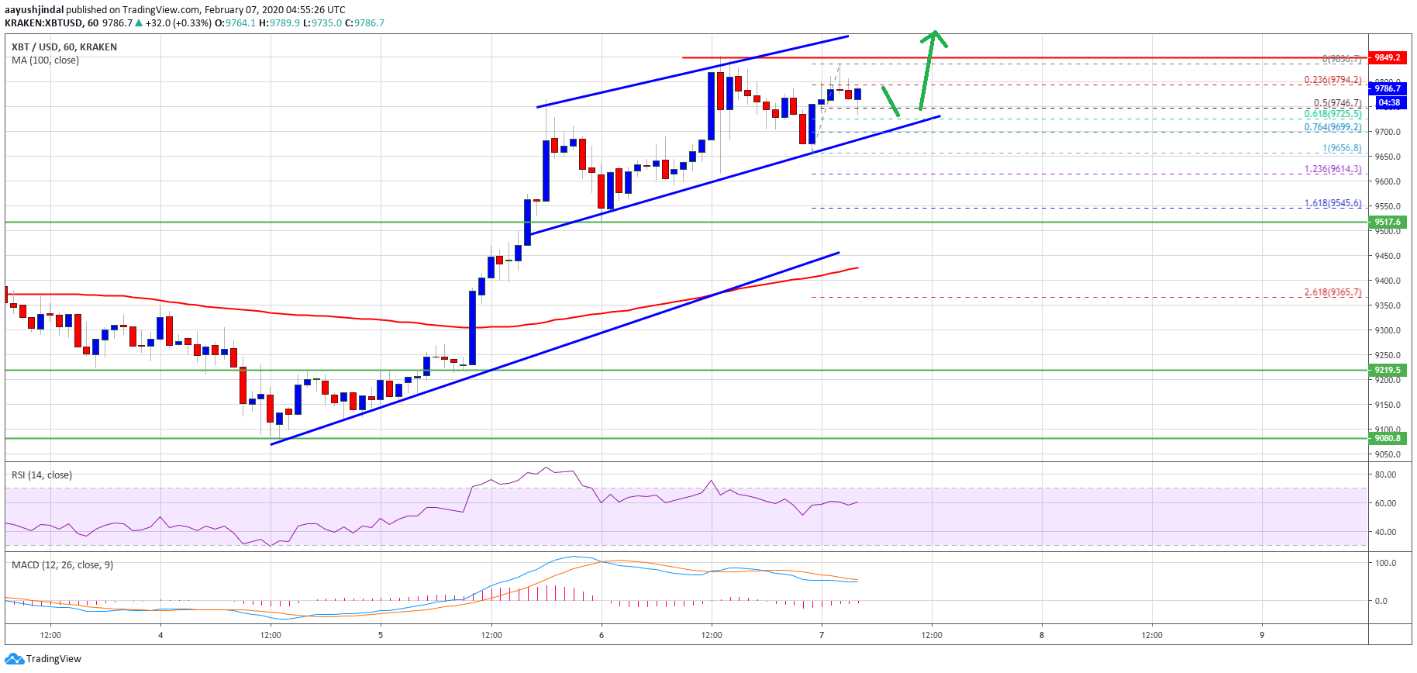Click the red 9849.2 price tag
point(1388,57)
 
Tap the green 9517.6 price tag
point(1388,222)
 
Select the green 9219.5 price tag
point(1388,370)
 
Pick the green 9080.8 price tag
point(1388,438)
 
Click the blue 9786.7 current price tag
point(1388,88)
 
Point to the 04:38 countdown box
point(1389,102)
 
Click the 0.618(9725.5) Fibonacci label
point(1333,114)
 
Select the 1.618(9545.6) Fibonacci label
point(1333,203)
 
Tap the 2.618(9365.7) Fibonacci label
point(1333,292)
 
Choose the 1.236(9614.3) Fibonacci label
point(1333,169)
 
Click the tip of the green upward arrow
point(936,32)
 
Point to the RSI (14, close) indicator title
point(42,475)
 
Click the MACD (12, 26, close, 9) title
point(62,564)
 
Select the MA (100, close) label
point(45,60)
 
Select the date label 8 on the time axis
point(1042,635)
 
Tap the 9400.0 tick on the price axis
point(1388,281)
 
